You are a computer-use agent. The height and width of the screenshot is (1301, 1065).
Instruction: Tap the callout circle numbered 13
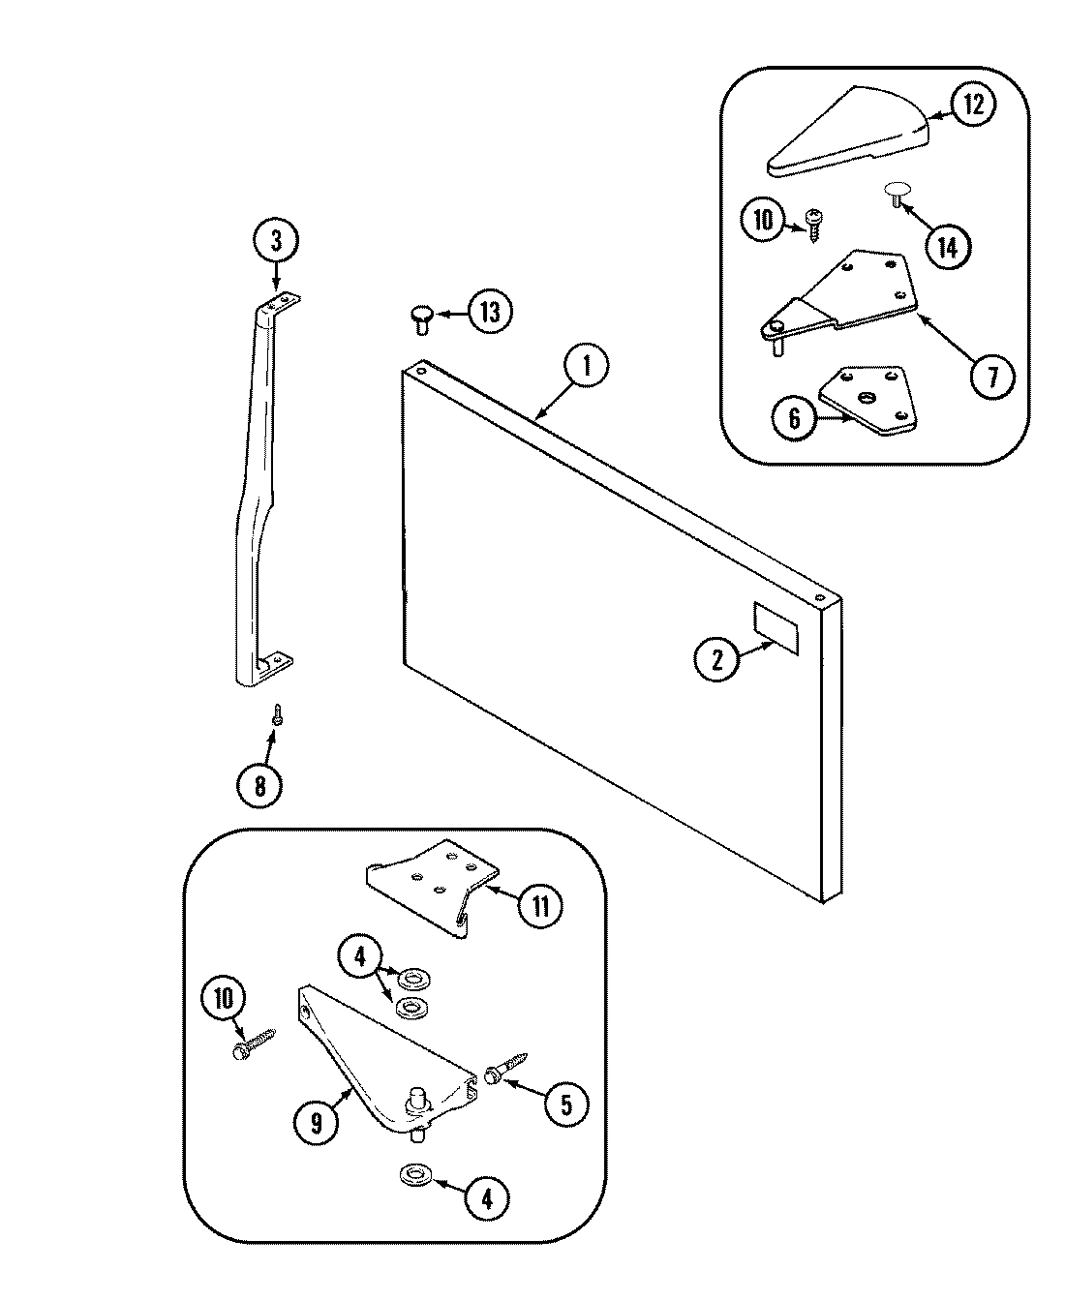tap(492, 312)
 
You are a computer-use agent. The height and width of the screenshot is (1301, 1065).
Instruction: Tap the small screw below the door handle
tap(277, 715)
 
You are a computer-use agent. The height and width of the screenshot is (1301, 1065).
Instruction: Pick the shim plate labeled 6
tap(867, 397)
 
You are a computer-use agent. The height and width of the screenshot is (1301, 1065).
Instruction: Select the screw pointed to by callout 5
tap(504, 1069)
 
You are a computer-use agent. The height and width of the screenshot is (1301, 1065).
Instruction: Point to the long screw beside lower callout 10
tap(255, 1044)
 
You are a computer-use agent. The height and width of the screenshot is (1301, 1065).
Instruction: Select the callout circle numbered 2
tap(717, 661)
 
